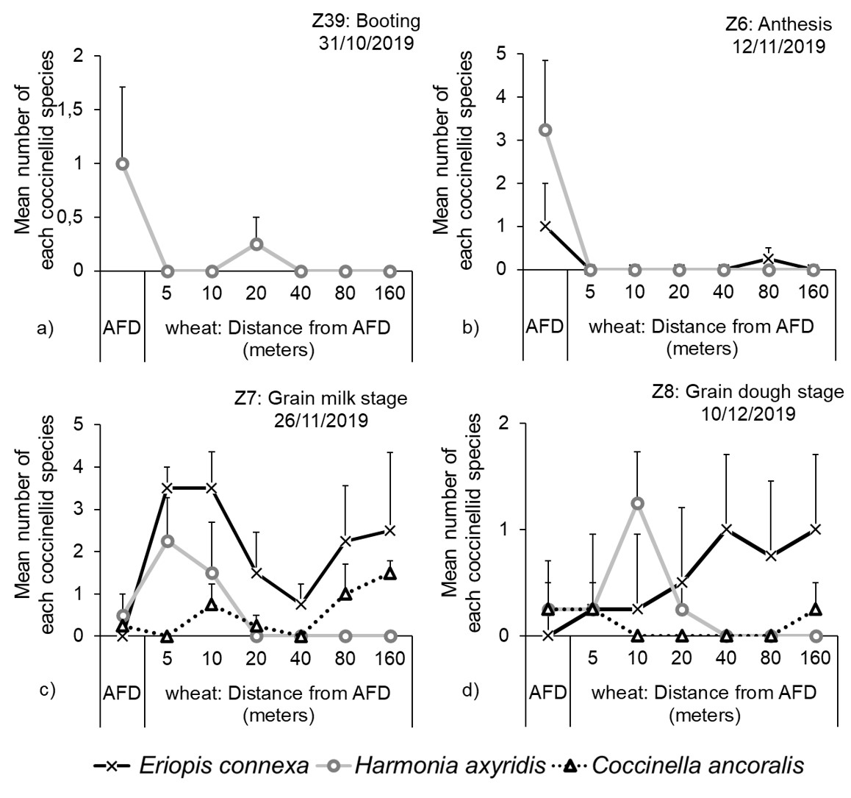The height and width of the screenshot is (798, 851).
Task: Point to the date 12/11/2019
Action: click(x=778, y=46)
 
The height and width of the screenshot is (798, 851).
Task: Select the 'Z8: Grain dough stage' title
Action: click(x=748, y=392)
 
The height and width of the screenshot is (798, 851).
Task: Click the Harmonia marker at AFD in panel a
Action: click(x=123, y=163)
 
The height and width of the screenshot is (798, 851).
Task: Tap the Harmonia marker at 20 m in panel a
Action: click(x=256, y=244)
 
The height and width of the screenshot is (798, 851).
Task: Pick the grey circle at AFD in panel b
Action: click(x=545, y=129)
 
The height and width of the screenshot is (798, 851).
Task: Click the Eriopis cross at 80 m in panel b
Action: click(x=768, y=259)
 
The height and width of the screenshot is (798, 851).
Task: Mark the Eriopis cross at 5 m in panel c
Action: click(x=167, y=488)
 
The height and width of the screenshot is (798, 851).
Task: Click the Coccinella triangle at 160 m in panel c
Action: click(x=390, y=573)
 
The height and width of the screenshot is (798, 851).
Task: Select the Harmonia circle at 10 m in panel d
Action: click(x=637, y=503)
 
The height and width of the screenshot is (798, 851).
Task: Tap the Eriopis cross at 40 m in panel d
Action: click(x=726, y=529)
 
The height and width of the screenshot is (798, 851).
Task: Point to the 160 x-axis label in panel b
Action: click(x=813, y=291)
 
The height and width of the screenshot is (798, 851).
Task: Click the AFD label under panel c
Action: click(x=123, y=694)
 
